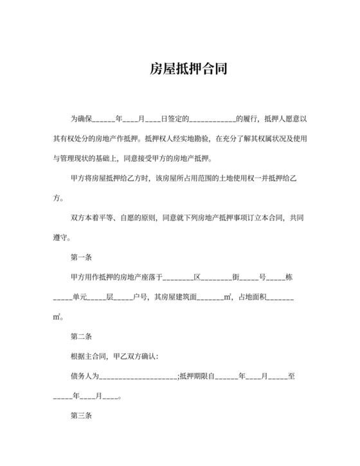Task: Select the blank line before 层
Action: point(96,298)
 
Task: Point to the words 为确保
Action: point(82,119)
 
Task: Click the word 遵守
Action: point(62,237)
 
